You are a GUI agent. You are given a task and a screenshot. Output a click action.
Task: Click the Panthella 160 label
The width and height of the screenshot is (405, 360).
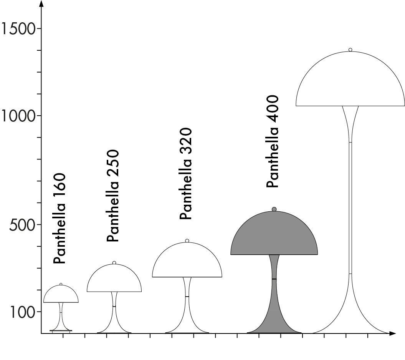click(x=60, y=219)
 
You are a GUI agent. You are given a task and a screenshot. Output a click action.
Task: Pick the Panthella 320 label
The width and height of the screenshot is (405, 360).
click(x=186, y=174)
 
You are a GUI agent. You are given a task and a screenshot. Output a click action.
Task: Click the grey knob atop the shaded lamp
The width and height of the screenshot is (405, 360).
click(x=274, y=209)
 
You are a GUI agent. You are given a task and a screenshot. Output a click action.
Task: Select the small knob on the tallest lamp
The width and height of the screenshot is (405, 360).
click(x=350, y=50)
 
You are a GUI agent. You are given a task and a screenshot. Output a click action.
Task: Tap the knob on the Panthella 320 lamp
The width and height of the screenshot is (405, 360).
click(x=187, y=241)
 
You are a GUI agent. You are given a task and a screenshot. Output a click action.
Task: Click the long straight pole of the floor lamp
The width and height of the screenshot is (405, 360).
click(x=350, y=207)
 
